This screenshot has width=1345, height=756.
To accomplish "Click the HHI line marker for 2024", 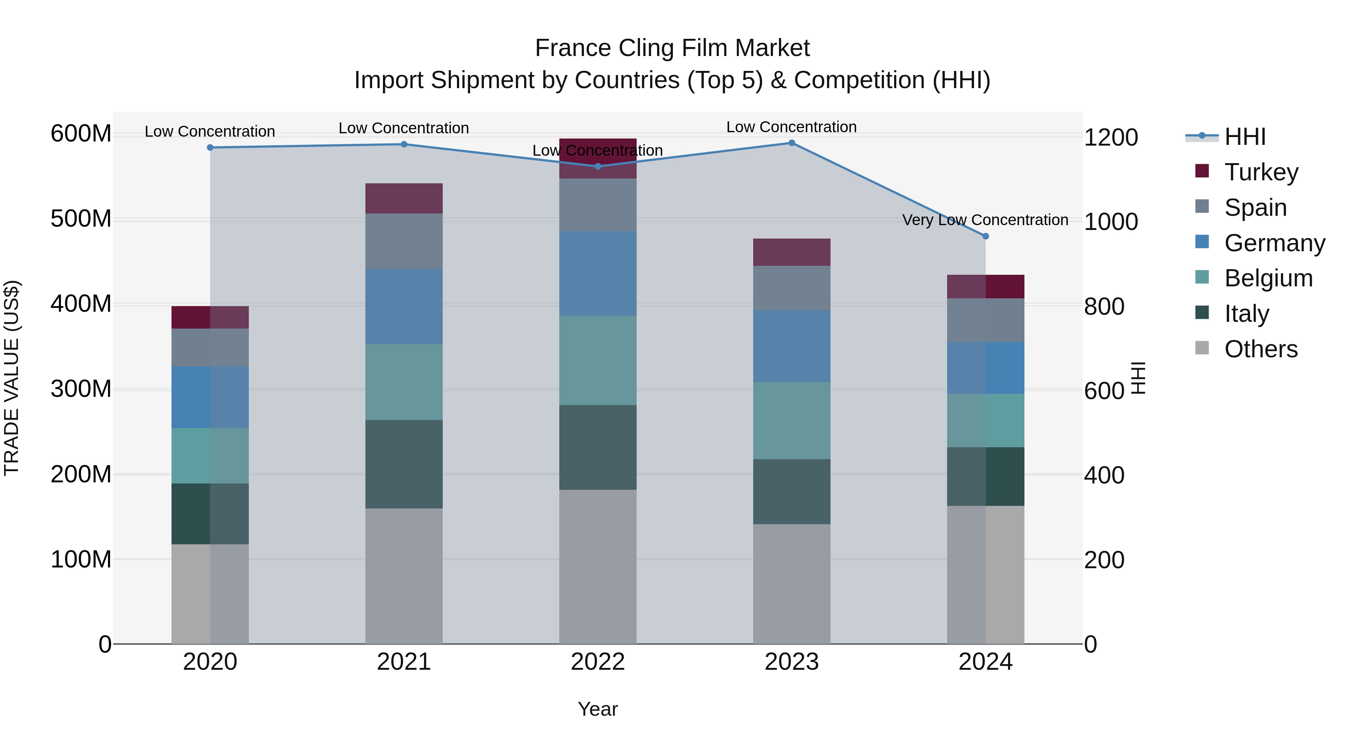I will (985, 236).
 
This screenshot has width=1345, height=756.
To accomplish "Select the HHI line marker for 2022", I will (598, 167).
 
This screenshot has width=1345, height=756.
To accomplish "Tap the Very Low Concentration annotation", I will (985, 220).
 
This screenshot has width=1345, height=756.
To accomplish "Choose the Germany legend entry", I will (1274, 243).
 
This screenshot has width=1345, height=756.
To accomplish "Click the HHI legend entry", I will (1244, 137).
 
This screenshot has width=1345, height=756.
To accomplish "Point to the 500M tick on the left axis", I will (81, 219).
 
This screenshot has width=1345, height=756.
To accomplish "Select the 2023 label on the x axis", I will (792, 662).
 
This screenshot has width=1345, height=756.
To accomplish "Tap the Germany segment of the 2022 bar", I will (598, 273).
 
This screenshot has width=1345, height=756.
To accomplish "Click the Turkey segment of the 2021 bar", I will (403, 198).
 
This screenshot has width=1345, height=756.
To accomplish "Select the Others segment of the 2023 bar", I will (792, 584).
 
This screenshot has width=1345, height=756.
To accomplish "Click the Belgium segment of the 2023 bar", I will (792, 420).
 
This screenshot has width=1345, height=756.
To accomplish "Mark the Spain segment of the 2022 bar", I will (598, 205).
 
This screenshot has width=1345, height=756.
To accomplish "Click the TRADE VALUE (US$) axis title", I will (12, 378).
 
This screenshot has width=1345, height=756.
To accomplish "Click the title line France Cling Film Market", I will (672, 48).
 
